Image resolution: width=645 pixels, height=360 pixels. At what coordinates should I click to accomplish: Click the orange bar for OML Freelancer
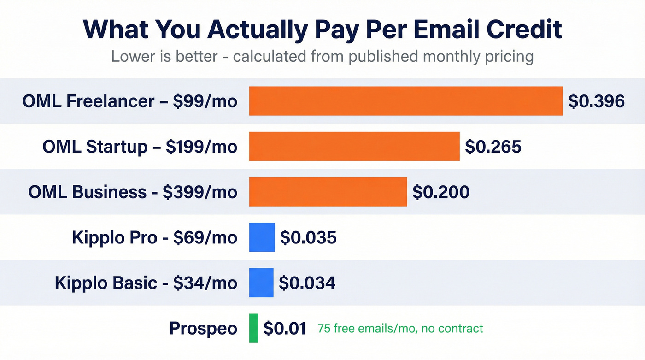tap(405, 101)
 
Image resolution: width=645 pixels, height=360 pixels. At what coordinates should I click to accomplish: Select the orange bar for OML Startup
tap(354, 147)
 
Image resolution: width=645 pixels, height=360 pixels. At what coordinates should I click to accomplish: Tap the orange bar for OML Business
tap(328, 192)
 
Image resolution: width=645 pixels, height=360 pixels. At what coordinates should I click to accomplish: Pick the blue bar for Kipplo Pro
tap(262, 237)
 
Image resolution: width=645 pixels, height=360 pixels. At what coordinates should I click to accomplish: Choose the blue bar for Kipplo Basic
tap(261, 283)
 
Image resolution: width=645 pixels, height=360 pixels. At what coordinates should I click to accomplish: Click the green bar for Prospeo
tap(253, 328)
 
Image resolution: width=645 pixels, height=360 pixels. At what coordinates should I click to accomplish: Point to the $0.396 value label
tap(596, 101)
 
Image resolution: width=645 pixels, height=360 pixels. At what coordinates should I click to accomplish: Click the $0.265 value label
tap(493, 147)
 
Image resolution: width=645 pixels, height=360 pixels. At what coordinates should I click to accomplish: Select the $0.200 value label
tap(440, 192)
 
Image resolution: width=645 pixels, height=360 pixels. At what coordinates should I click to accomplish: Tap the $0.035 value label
tap(308, 237)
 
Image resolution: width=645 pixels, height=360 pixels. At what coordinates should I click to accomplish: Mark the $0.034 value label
tap(307, 283)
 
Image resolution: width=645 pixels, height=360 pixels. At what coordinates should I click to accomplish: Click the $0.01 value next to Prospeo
tap(285, 328)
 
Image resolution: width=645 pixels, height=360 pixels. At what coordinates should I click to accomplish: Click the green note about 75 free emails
tap(400, 329)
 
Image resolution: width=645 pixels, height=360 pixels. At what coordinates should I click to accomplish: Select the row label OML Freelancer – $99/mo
tap(130, 101)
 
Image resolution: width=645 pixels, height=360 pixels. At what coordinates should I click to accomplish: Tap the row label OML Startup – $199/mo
tap(140, 147)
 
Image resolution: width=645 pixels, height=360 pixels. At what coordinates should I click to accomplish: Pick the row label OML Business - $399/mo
tap(133, 192)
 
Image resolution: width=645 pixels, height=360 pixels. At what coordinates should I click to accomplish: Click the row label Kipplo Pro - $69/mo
tap(154, 237)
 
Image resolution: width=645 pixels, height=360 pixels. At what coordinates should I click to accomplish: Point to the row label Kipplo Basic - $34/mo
tap(146, 283)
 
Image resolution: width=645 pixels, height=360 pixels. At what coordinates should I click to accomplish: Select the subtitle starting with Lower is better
tap(322, 57)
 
